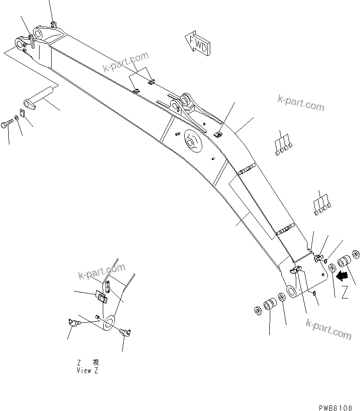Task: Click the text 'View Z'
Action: pyautogui.click(x=88, y=371)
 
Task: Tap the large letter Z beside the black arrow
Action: pyautogui.click(x=345, y=294)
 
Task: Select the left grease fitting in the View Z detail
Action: pyautogui.click(x=73, y=322)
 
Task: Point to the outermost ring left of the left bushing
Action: pyautogui.click(x=257, y=310)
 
